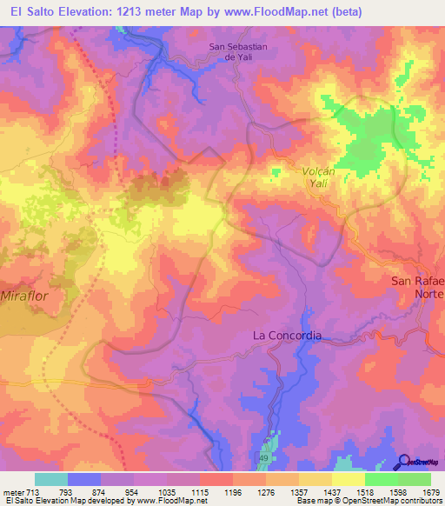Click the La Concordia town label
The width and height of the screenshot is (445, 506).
(x=287, y=335)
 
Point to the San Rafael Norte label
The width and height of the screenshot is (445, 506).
(x=418, y=287)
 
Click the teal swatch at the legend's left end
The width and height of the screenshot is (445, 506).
(x=51, y=479)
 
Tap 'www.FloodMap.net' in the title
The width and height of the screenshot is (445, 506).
(x=287, y=11)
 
